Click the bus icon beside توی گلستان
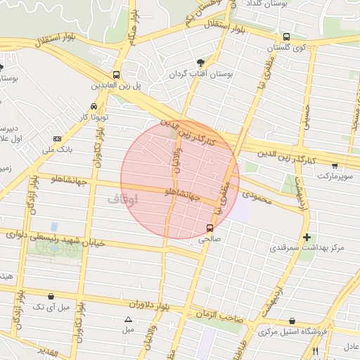(285, 37)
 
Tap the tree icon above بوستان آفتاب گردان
(201, 63)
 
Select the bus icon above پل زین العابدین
(116, 75)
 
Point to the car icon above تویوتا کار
(93, 105)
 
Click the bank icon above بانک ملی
(58, 139)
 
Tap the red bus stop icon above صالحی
(210, 228)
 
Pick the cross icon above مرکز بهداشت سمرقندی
(307, 237)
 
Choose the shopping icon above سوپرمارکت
(334, 167)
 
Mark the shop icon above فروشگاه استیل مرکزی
(292, 321)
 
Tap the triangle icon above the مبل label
(127, 319)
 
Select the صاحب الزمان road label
(219, 316)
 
